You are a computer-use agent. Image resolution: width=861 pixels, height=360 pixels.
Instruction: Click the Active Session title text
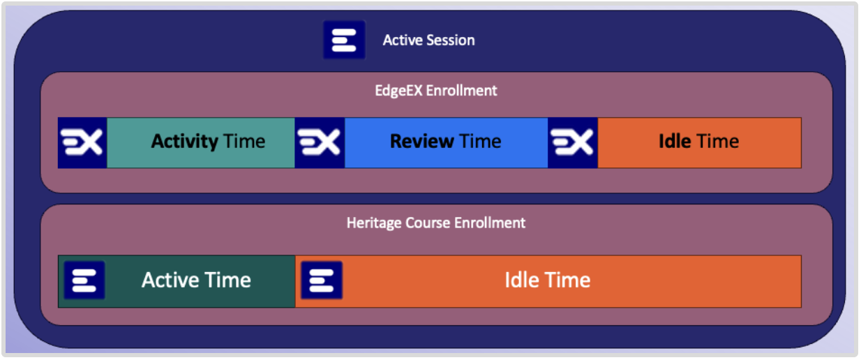428,40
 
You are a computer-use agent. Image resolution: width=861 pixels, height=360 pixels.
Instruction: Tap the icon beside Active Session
344,40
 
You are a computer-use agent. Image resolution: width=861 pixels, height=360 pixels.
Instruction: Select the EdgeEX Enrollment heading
435,91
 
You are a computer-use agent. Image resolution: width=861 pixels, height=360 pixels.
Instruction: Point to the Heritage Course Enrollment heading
436,223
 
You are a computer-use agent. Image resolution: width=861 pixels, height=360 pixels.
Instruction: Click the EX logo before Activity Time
82,143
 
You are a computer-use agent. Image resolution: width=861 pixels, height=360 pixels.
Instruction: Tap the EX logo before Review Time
320,143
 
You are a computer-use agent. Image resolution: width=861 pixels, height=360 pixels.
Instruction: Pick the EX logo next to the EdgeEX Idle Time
573,143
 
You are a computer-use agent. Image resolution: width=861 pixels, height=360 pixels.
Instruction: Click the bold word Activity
185,142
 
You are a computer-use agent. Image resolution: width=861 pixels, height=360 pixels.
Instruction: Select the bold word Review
422,142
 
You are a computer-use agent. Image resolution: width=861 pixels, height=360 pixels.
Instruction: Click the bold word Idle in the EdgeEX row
675,142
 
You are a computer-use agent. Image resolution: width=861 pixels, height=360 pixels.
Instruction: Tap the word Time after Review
480,142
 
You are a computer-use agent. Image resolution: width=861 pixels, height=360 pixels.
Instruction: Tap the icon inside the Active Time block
84,280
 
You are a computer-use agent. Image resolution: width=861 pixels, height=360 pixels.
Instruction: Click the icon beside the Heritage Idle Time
322,280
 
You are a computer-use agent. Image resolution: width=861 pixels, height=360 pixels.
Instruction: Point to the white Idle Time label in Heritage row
548,280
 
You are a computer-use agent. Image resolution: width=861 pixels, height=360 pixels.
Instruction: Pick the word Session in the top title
451,40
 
